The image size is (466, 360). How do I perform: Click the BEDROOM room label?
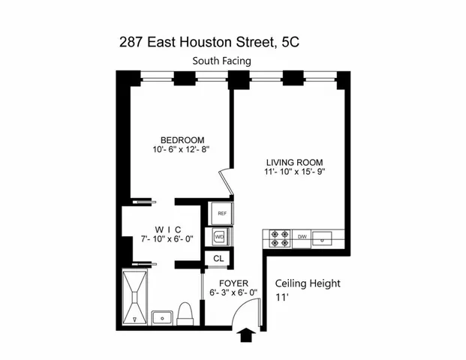(182, 139)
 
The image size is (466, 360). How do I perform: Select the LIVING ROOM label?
(295, 162)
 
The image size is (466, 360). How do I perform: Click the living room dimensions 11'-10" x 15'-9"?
(295, 172)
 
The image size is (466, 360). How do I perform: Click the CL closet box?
(219, 259)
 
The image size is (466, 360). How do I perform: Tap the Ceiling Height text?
(308, 283)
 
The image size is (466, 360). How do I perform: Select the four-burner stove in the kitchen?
(280, 238)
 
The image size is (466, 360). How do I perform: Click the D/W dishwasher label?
(303, 237)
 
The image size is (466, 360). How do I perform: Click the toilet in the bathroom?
(186, 313)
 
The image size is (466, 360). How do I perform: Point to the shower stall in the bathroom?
(137, 298)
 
